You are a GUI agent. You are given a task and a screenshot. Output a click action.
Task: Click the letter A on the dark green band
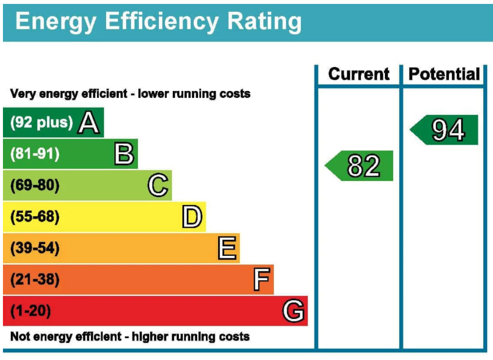coord(89,123)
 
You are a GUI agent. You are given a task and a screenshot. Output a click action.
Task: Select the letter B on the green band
coord(124,154)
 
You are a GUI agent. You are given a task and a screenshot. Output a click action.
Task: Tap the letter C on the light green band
coord(158,186)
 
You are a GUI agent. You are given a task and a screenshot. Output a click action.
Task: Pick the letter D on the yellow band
coord(192,217)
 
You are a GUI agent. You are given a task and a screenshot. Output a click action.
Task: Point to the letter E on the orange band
coord(227,248)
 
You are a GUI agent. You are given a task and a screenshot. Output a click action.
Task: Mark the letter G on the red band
coord(293,311)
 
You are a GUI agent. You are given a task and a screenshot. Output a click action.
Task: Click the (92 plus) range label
coord(41,122)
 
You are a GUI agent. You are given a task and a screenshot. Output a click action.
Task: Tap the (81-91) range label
coord(35,154)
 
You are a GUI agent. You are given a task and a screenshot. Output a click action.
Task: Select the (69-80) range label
coord(35,186)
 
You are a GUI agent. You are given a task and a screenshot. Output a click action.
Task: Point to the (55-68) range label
coord(35,217)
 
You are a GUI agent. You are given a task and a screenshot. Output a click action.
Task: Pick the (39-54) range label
coord(35,248)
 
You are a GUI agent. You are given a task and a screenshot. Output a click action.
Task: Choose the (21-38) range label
coord(35,280)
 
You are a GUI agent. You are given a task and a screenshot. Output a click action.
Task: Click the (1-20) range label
coord(30,311)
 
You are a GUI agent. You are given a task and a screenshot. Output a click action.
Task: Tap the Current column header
coord(359,74)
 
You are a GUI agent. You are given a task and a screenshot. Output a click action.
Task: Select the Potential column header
coord(444,74)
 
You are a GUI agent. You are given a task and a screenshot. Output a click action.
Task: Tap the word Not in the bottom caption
coord(20,337)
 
